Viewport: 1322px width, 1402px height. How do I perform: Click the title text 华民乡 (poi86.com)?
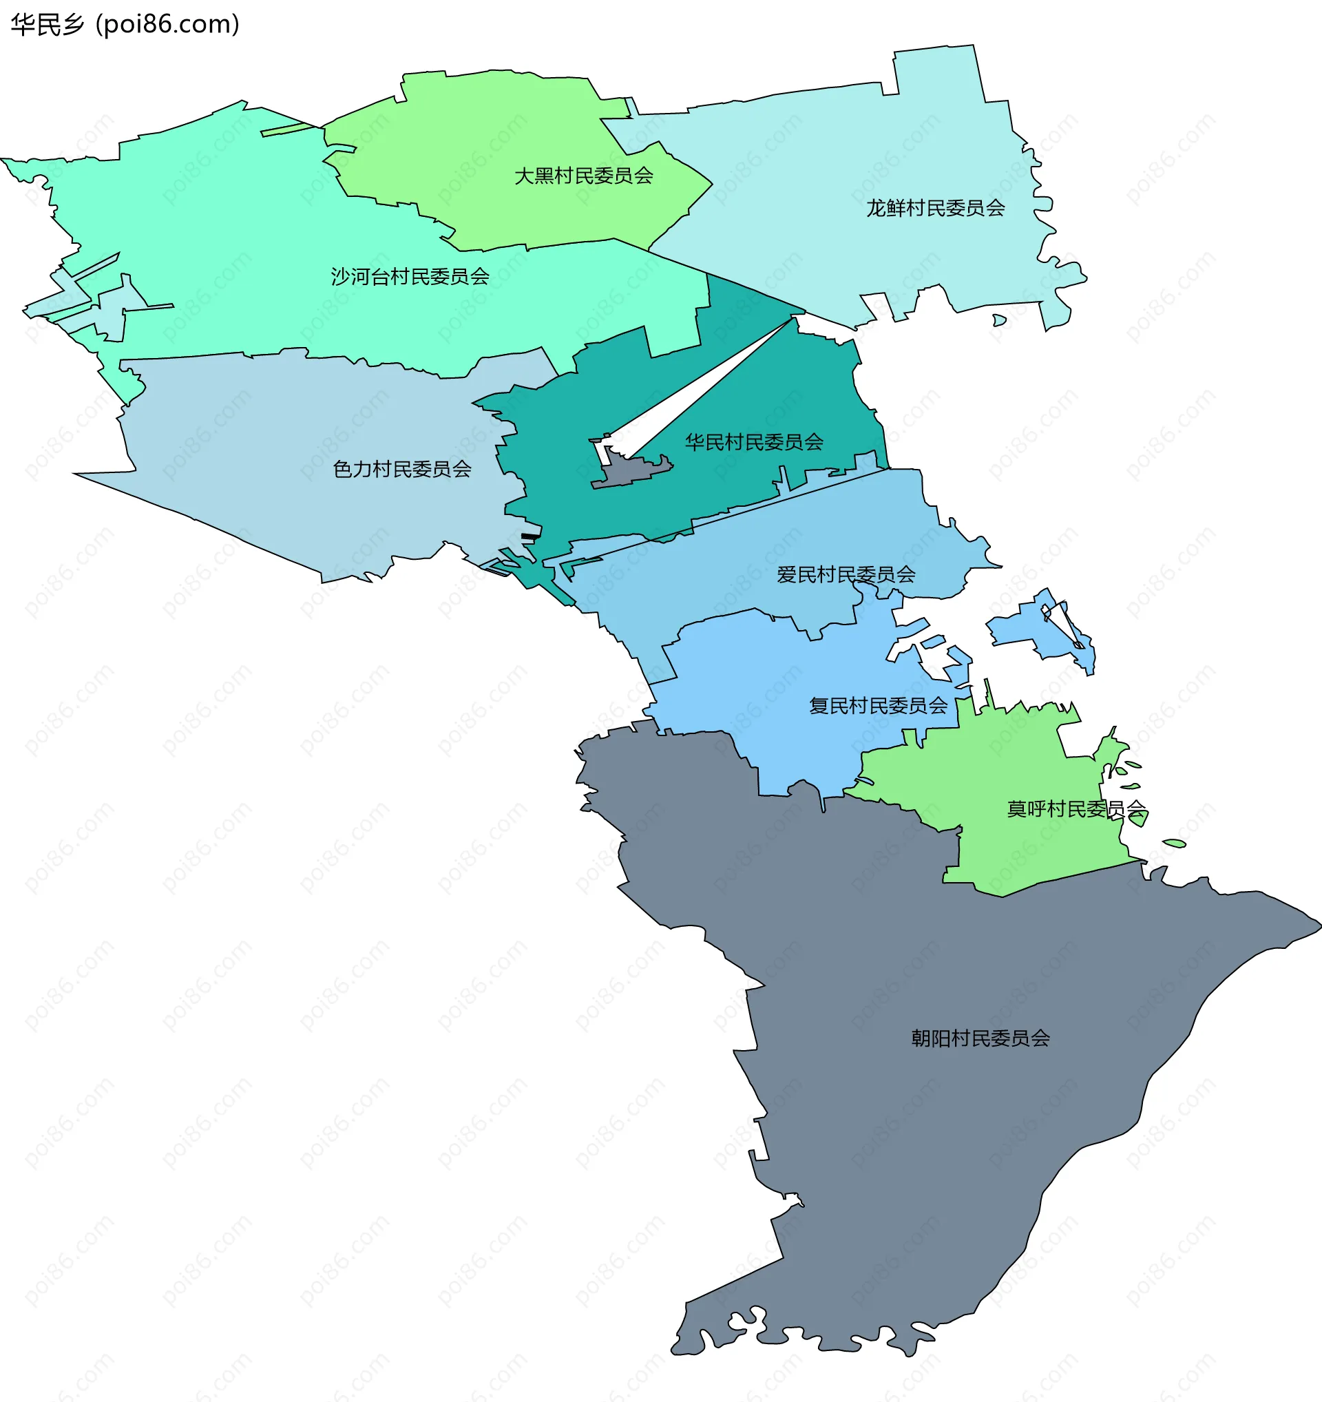(125, 25)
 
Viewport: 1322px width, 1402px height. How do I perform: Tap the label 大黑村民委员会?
(583, 176)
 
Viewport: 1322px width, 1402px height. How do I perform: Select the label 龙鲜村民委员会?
(935, 208)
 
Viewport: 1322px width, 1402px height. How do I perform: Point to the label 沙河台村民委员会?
(410, 276)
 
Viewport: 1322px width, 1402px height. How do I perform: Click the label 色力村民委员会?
(402, 469)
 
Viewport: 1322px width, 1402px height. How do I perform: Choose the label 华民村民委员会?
(754, 442)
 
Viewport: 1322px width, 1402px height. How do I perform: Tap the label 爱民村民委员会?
(846, 575)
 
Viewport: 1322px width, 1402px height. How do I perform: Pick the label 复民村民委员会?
(878, 706)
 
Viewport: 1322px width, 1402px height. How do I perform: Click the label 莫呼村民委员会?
(1076, 809)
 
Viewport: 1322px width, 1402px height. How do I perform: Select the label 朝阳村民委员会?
(980, 1038)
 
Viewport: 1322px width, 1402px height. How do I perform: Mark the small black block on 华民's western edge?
(530, 536)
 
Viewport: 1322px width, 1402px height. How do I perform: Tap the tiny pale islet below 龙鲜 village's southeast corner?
(999, 320)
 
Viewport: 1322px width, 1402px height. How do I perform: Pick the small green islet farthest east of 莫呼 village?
(1174, 843)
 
